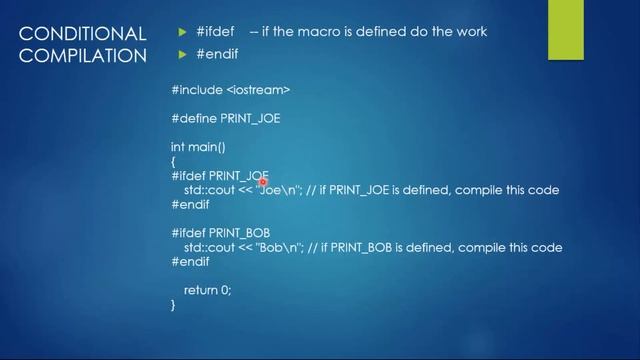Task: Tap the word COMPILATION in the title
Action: coord(83,55)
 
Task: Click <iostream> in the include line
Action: coord(258,90)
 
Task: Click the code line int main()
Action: coord(198,147)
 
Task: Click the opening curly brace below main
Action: coord(173,161)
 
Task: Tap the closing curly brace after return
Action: coord(173,305)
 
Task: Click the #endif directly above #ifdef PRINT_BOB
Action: coord(190,204)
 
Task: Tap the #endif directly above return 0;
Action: coord(190,262)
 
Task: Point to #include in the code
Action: coord(196,90)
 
